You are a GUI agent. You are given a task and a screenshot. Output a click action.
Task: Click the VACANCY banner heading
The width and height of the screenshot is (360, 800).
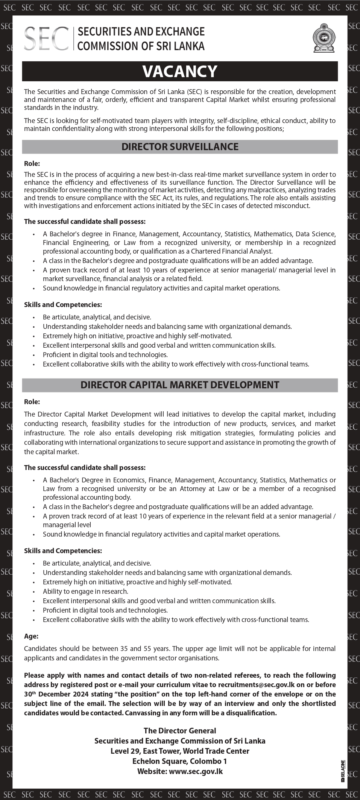click(180, 71)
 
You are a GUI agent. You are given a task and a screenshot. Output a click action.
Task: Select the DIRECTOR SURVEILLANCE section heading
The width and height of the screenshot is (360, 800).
click(180, 147)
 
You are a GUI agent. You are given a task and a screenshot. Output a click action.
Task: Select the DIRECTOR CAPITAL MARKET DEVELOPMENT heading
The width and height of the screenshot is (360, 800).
click(180, 385)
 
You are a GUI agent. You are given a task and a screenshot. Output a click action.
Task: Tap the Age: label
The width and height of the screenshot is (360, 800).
click(31, 636)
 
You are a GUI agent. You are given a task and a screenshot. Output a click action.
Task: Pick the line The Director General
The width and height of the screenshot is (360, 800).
click(180, 730)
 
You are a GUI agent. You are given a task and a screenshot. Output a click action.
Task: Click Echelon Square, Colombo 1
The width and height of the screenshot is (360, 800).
click(180, 761)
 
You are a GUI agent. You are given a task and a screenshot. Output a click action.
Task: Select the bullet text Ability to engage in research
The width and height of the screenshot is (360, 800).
click(85, 592)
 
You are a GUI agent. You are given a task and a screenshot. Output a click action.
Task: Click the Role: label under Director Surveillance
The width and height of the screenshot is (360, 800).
click(32, 164)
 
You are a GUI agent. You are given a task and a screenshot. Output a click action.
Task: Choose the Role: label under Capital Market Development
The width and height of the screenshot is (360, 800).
click(32, 402)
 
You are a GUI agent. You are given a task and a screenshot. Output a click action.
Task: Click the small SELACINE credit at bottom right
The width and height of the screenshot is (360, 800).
click(343, 769)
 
